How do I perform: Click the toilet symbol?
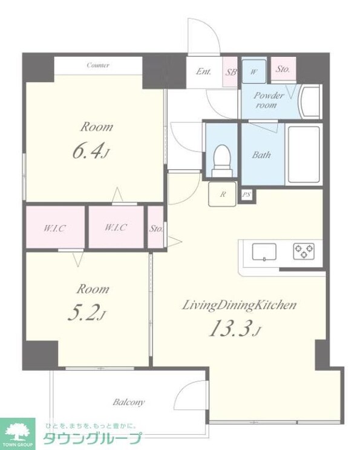point(222,161)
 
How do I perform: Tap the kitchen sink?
point(264,252)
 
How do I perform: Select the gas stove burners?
point(304,251)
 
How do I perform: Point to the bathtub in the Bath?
point(304,154)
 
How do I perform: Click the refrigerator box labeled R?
point(223,194)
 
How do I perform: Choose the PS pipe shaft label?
point(247,195)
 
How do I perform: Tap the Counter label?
point(98,65)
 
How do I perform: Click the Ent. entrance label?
point(203,71)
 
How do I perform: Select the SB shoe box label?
point(231,72)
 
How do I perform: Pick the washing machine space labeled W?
point(253,72)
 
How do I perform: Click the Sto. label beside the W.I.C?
point(156,229)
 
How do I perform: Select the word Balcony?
point(128,402)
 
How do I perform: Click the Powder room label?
point(269,100)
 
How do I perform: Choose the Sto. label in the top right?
point(283,69)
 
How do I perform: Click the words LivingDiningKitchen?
point(239,305)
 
